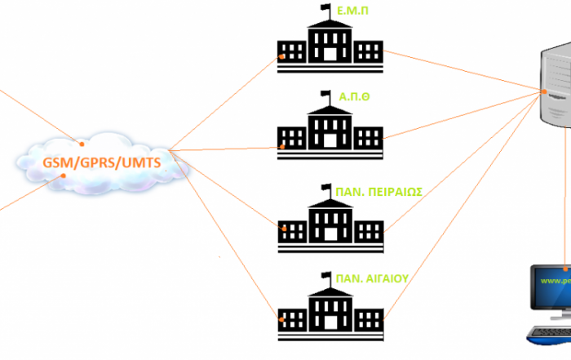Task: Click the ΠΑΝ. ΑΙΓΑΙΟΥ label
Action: (x=372, y=278)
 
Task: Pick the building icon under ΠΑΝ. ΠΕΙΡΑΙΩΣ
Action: (x=329, y=222)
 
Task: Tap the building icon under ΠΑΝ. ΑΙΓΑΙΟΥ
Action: (x=329, y=311)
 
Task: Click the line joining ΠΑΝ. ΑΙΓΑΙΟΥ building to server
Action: (x=465, y=204)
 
